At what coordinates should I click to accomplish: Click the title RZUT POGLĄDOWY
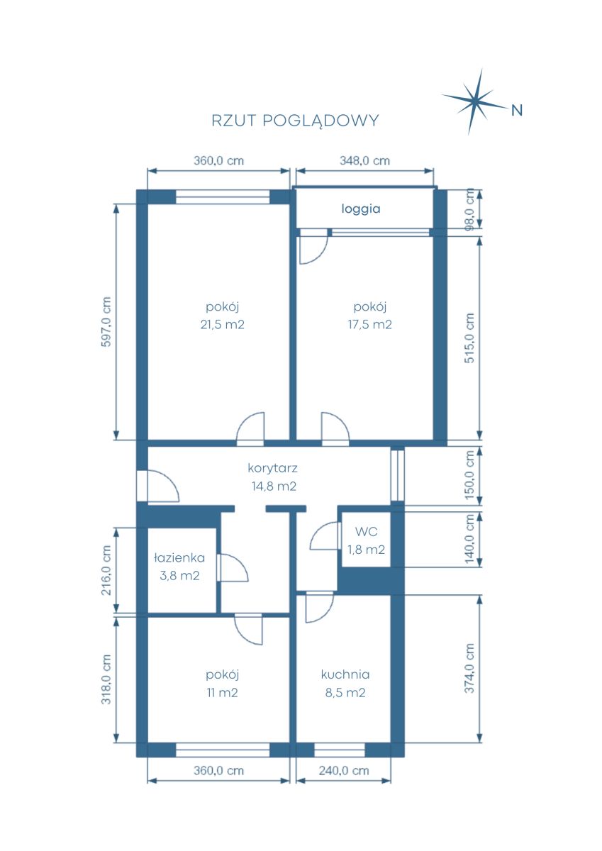pyautogui.click(x=295, y=121)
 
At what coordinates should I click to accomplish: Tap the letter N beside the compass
pyautogui.click(x=517, y=111)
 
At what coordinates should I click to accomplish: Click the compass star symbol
pyautogui.click(x=475, y=101)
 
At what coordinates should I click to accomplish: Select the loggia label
pyautogui.click(x=361, y=209)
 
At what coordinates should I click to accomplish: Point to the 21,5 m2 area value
pyautogui.click(x=222, y=325)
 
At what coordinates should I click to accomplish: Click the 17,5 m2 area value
pyautogui.click(x=370, y=325)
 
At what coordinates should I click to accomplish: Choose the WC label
pyautogui.click(x=366, y=531)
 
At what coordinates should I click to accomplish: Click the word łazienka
pyautogui.click(x=179, y=557)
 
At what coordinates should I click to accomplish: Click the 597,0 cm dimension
pyautogui.click(x=106, y=322)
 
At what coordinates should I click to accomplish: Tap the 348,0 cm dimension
pyautogui.click(x=364, y=161)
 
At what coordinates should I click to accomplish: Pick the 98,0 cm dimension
pyautogui.click(x=470, y=209)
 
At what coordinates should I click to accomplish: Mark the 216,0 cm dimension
pyautogui.click(x=106, y=570)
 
